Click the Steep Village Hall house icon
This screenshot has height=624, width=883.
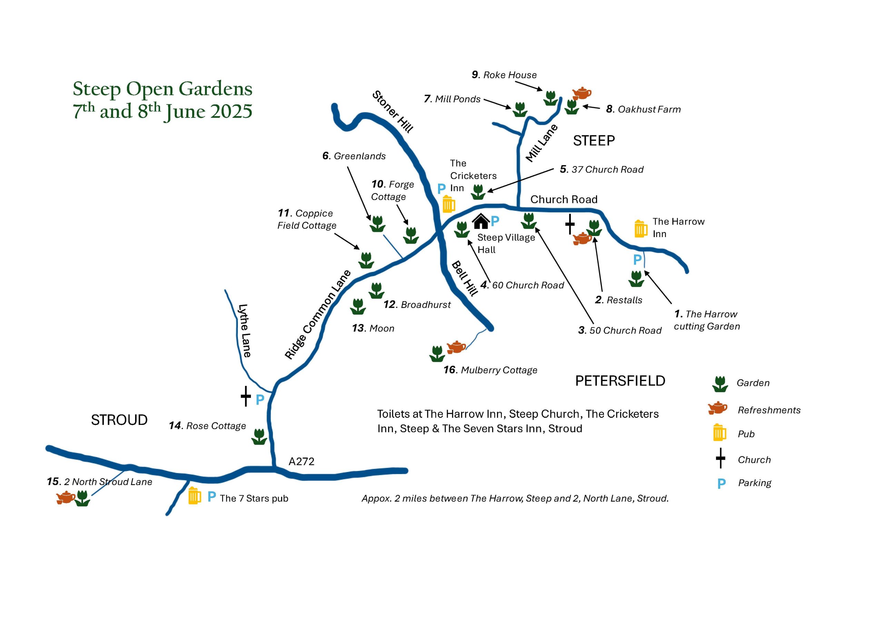pyautogui.click(x=481, y=221)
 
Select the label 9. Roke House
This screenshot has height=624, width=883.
pyautogui.click(x=504, y=75)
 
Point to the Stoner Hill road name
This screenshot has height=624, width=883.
pyautogui.click(x=393, y=111)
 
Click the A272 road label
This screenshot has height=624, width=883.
pyautogui.click(x=301, y=461)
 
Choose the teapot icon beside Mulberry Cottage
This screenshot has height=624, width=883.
pyautogui.click(x=456, y=347)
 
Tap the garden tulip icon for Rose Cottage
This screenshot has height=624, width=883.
pyautogui.click(x=259, y=437)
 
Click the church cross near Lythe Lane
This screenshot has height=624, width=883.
pyautogui.click(x=246, y=396)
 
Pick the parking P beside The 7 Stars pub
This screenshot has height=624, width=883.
pyautogui.click(x=211, y=497)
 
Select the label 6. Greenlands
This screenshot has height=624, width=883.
pyautogui.click(x=354, y=156)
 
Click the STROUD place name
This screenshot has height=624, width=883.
pyautogui.click(x=119, y=420)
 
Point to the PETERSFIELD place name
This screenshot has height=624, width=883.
pyautogui.click(x=620, y=381)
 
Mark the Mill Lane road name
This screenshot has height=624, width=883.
pyautogui.click(x=542, y=143)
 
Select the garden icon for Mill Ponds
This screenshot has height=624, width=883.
pyautogui.click(x=519, y=109)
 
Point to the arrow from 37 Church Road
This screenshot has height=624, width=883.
pyautogui.click(x=521, y=180)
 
